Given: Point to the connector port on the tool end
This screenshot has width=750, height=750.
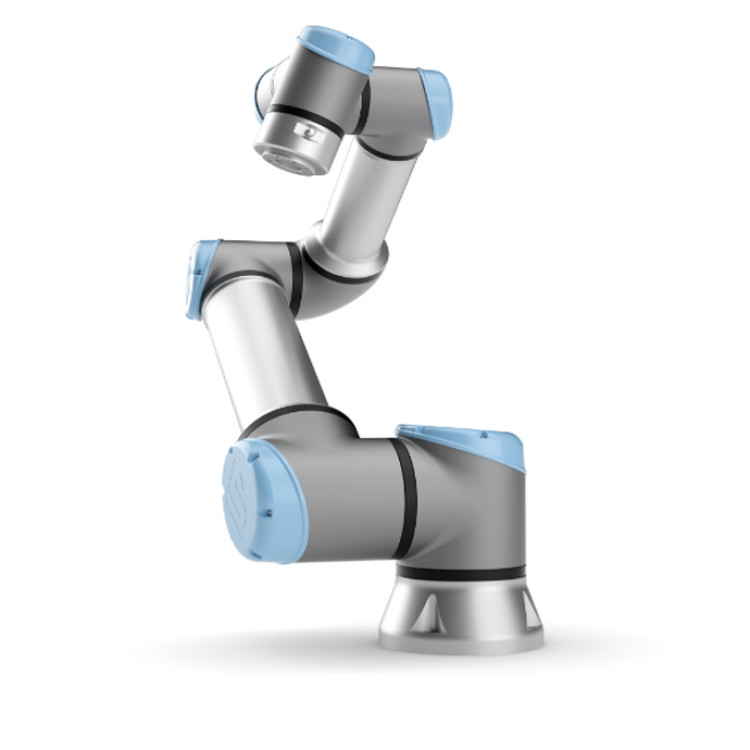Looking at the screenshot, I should [x=311, y=131].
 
